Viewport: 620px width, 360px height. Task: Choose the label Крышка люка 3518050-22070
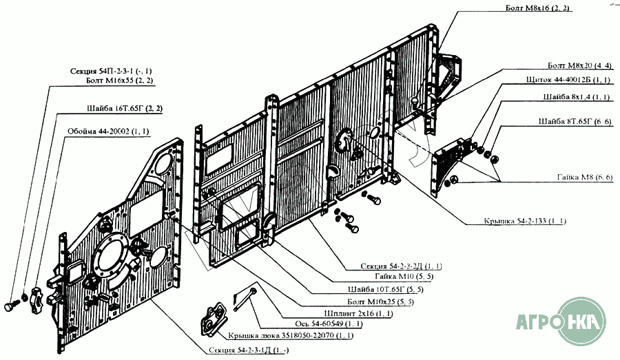click(287, 336)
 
